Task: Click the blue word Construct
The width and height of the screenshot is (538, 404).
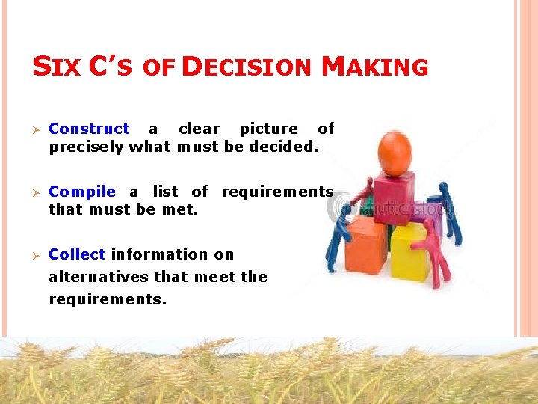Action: pos(89,129)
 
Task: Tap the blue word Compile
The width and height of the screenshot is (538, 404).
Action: pos(82,192)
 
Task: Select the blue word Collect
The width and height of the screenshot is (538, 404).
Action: pos(77,254)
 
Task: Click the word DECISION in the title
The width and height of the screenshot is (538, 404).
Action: pos(246,67)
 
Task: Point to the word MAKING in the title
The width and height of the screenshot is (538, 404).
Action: pos(374,67)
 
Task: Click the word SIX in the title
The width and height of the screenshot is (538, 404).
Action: pos(56,67)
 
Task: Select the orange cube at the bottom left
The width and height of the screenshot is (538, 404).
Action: pos(366,246)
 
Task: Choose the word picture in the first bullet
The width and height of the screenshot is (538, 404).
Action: pos(268,129)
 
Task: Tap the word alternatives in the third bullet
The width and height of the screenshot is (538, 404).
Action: pos(99,277)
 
